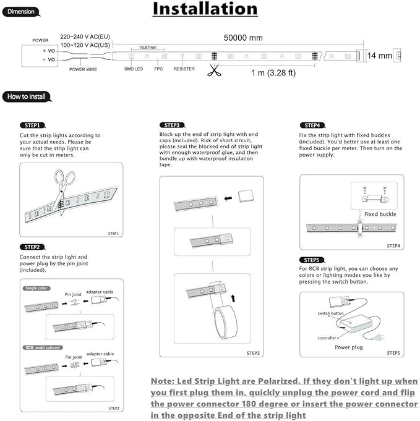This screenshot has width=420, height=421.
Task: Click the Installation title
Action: [205, 9]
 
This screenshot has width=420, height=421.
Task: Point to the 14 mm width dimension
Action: [379, 56]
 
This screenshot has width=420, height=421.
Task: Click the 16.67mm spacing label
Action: [147, 48]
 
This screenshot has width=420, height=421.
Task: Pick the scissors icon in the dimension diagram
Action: [214, 70]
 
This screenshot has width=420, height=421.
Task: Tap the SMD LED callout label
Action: [134, 70]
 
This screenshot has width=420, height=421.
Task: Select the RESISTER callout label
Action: [184, 70]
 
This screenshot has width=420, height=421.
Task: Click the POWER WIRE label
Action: [82, 70]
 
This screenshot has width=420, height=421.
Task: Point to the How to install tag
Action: [27, 97]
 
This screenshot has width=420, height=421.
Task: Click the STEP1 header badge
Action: [32, 125]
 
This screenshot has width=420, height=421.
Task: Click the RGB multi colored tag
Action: [43, 348]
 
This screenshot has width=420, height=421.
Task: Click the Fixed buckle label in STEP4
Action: [380, 214]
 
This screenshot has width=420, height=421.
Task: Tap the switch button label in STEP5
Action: [330, 314]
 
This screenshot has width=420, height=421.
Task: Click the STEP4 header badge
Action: [312, 125]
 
